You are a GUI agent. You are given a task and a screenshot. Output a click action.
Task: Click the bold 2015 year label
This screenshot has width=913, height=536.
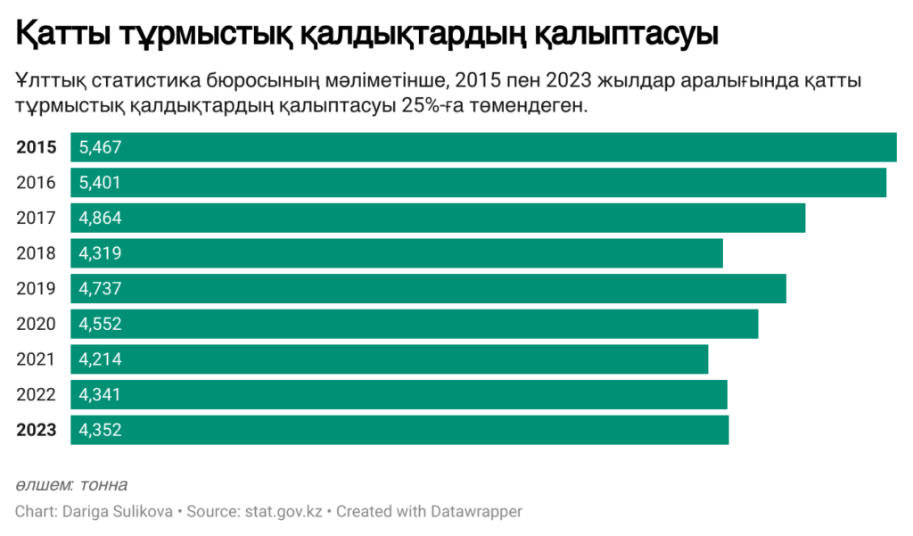[37, 148]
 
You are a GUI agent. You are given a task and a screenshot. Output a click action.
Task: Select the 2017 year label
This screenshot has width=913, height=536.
[37, 219]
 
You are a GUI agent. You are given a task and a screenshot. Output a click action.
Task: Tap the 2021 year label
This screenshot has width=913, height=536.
[37, 359]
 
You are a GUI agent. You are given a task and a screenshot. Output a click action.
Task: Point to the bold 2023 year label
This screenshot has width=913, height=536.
[37, 430]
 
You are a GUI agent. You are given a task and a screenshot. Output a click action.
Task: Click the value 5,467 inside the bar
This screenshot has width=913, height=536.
[100, 148]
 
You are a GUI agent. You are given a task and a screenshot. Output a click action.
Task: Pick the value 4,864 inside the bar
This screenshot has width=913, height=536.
[100, 219]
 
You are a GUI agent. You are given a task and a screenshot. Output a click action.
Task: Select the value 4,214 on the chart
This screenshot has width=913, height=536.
[100, 359]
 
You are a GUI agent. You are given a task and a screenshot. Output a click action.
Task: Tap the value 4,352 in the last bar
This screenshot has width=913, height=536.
[100, 430]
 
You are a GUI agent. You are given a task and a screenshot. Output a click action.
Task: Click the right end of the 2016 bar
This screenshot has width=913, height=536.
[884, 183]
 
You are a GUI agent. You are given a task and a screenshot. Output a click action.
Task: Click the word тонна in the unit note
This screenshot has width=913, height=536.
[103, 485]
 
